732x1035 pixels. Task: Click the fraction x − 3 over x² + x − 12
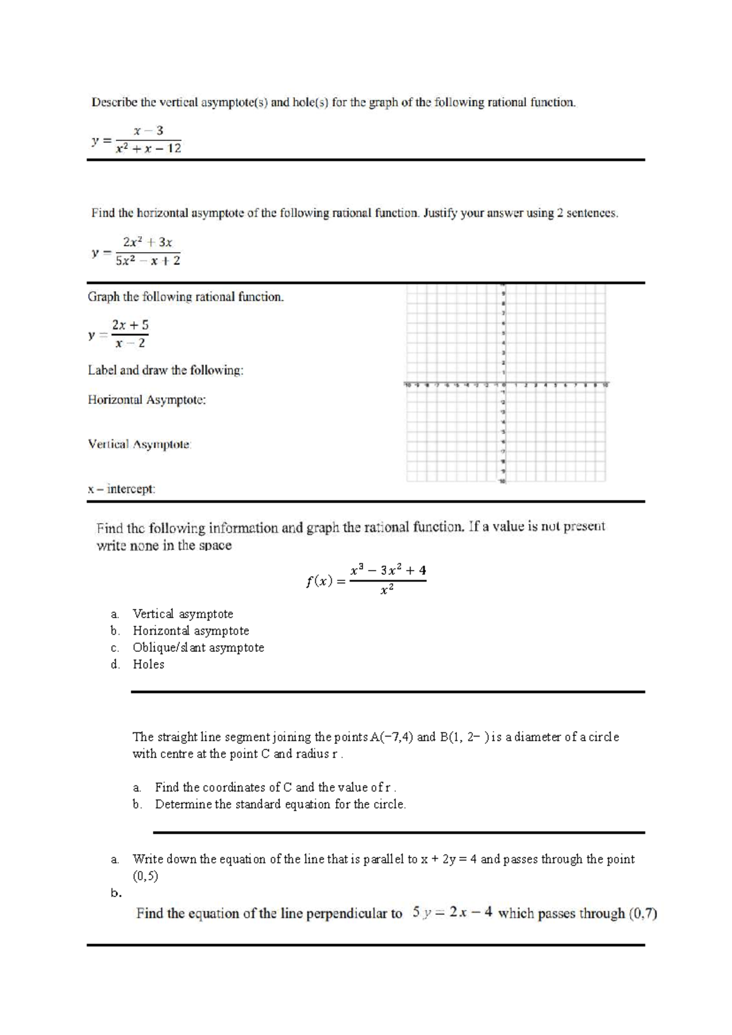click(148, 140)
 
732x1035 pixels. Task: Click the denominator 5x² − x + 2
click(148, 261)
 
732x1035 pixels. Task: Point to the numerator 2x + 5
click(130, 325)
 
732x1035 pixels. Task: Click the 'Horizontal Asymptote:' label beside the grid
click(146, 400)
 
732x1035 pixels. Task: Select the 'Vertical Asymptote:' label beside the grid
click(140, 444)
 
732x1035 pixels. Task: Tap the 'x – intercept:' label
click(121, 489)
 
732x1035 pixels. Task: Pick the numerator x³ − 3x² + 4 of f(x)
click(388, 571)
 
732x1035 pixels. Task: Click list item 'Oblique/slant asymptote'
click(198, 647)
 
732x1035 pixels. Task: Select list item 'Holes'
click(148, 665)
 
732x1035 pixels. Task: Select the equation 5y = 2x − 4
click(452, 913)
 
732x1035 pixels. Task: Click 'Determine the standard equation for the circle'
click(280, 804)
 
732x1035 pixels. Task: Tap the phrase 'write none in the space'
click(164, 546)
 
